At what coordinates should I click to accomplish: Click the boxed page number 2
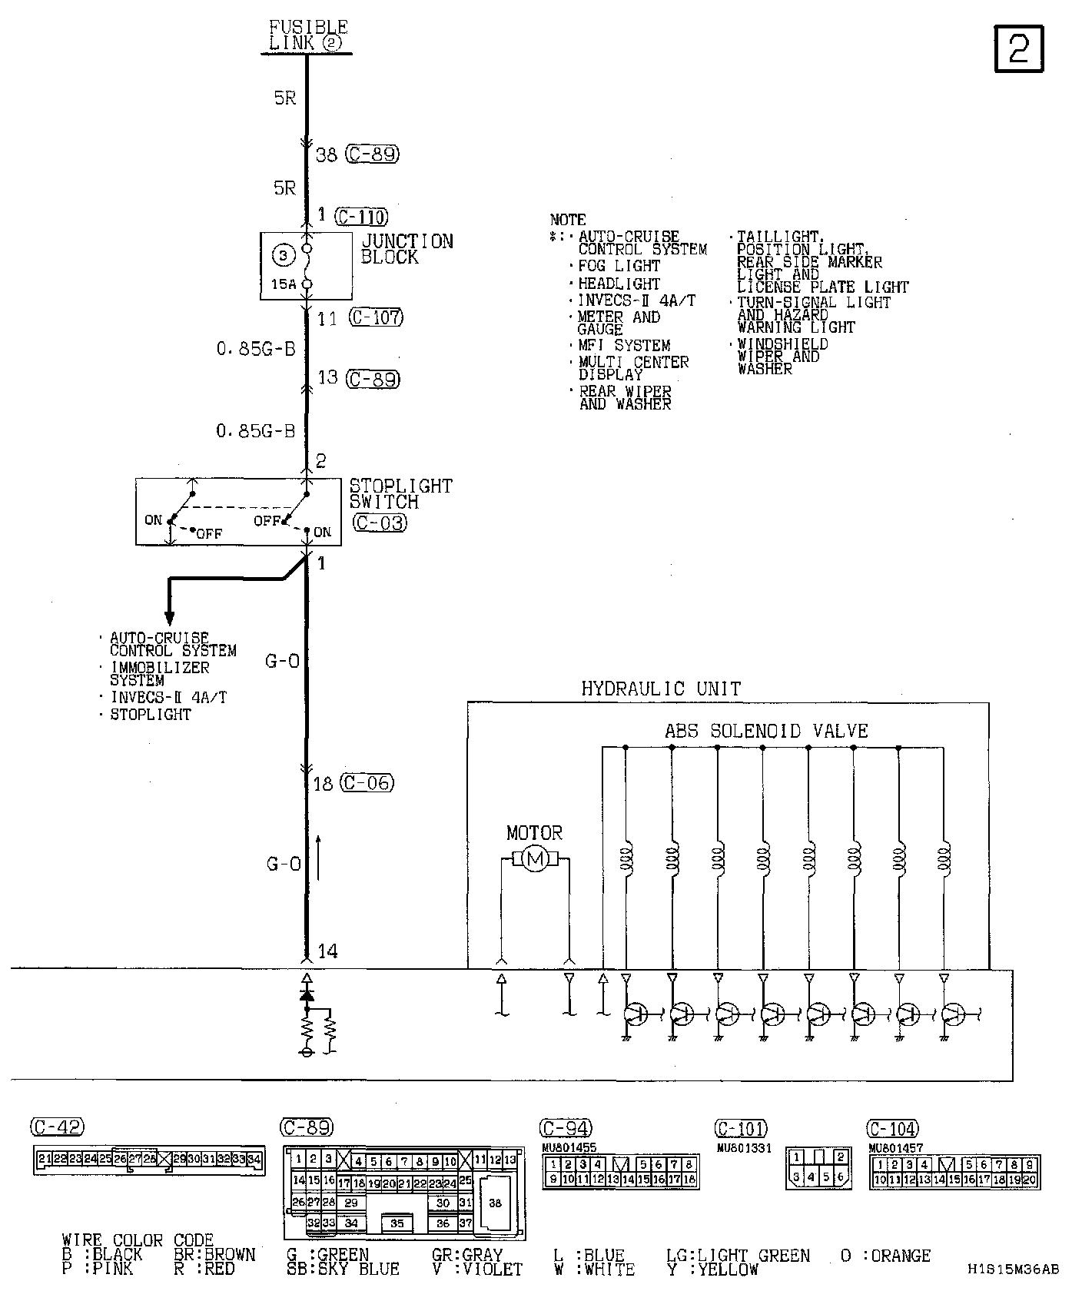[1019, 49]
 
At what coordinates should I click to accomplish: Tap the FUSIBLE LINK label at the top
[308, 35]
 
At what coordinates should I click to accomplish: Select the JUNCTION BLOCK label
[407, 250]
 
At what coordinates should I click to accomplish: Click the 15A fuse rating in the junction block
[283, 284]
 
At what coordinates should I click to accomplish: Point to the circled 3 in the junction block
[284, 255]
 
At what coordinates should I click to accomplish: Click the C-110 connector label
[361, 217]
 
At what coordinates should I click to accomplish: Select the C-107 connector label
[376, 317]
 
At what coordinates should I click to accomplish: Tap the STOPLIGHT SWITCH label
[400, 494]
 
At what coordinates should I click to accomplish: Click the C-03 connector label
[380, 523]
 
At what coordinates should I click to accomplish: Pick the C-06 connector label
[367, 783]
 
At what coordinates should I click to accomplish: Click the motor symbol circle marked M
[535, 860]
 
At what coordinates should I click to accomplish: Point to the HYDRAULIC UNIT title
[661, 689]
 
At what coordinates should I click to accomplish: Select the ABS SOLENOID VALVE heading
[766, 731]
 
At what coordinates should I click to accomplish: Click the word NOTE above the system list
[568, 220]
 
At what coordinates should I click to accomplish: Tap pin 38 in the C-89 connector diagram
[495, 1203]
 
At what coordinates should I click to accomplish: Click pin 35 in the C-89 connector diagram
[397, 1223]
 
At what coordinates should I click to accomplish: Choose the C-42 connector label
[57, 1127]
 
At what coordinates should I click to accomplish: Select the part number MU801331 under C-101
[743, 1149]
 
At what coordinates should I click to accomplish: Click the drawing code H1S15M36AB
[1013, 1269]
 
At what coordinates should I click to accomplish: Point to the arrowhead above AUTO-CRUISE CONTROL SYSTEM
[170, 617]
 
